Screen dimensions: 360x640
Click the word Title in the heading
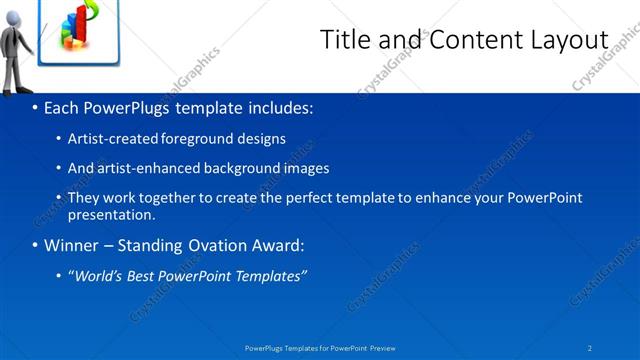tap(343, 39)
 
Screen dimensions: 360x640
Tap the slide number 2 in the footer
tap(590, 347)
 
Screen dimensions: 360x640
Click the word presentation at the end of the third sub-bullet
tap(111, 214)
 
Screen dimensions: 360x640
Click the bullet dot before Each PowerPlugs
tap(35, 107)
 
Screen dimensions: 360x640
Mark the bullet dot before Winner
tap(35, 245)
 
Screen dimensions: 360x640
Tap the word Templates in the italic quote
tap(268, 275)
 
